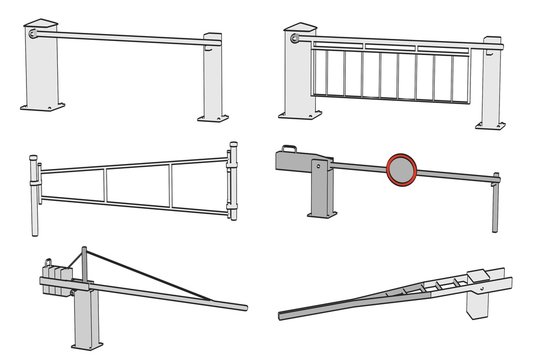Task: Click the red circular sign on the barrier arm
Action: click(400, 170)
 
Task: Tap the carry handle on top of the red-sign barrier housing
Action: click(289, 149)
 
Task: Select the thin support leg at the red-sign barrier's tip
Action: click(493, 205)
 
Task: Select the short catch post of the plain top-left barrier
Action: click(213, 80)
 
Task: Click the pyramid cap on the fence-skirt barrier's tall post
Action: click(300, 23)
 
